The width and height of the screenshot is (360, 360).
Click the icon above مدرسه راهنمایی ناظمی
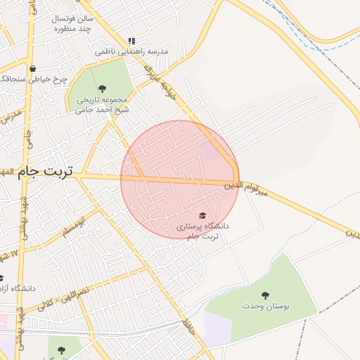point(131,41)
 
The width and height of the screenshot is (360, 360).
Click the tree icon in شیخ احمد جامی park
point(103,89)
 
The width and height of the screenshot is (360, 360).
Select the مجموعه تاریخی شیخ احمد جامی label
point(103,104)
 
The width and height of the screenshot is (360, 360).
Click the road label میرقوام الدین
point(246,187)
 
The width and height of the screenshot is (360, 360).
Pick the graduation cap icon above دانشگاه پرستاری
point(202,214)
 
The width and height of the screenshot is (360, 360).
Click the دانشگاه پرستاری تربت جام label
point(202,231)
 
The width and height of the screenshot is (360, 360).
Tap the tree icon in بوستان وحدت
point(265,295)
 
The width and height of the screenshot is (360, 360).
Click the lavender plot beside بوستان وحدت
point(217,329)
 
